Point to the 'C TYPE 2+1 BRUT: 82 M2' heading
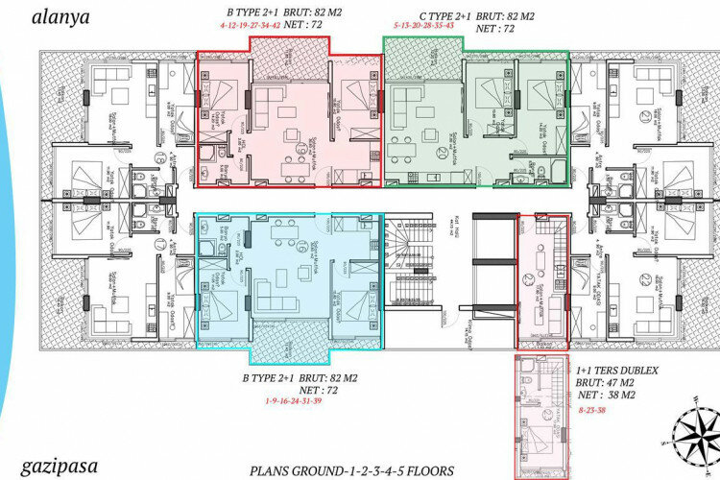[x=465, y=17]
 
